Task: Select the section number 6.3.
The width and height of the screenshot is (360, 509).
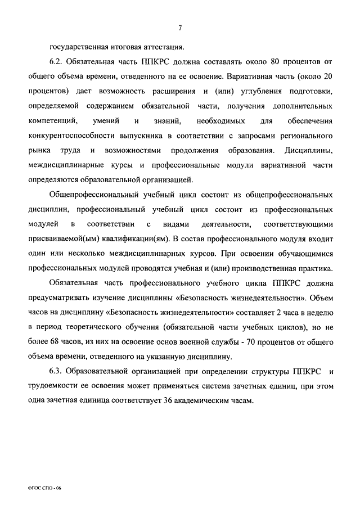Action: tap(56, 372)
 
